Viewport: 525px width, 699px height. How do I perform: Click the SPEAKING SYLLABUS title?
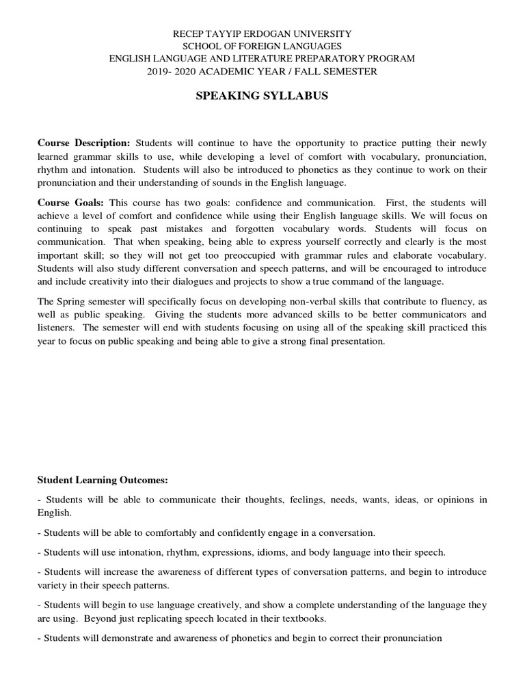[262, 96]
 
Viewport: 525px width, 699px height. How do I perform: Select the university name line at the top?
[262, 33]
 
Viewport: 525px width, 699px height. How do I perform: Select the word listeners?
[55, 328]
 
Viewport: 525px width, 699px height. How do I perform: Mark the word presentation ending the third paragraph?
[360, 341]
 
